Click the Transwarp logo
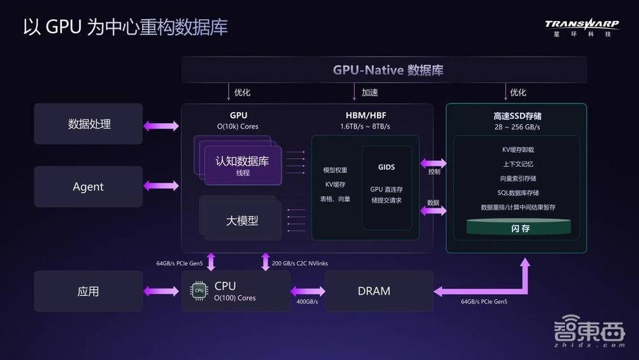[582, 27]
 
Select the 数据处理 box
[88, 123]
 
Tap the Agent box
[88, 186]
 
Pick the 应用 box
[88, 291]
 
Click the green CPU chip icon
[199, 291]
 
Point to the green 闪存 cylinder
[519, 227]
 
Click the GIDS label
[387, 167]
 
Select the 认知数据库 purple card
[243, 166]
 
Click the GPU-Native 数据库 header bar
[384, 70]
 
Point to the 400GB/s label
[307, 302]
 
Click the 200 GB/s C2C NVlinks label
[300, 263]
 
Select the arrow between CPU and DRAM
[308, 291]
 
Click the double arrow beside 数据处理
[161, 125]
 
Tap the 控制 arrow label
[434, 171]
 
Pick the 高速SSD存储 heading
[518, 116]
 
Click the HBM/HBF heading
[366, 115]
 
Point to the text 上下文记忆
[518, 164]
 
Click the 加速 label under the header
[369, 93]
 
